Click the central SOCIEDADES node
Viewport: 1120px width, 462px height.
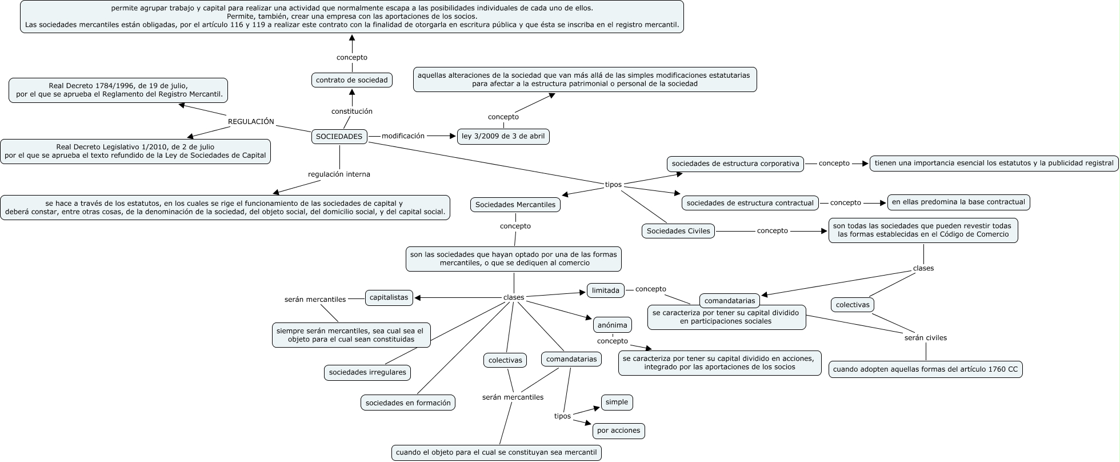click(339, 137)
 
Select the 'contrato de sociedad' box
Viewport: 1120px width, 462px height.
click(351, 81)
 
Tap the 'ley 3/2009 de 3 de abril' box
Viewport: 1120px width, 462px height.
click(503, 137)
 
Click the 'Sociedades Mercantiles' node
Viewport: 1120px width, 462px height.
click(515, 205)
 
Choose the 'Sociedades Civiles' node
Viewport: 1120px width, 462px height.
click(678, 231)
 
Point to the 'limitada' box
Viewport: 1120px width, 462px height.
click(606, 290)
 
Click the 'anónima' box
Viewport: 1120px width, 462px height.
click(612, 325)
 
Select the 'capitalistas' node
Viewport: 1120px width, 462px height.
click(389, 297)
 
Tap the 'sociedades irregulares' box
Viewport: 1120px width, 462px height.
click(367, 372)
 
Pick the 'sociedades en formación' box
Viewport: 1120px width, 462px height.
click(408, 403)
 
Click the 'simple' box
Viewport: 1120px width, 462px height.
click(617, 402)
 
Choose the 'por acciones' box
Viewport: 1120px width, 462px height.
click(618, 431)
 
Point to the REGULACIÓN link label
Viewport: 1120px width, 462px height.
click(251, 122)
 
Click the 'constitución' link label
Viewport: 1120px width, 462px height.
click(352, 111)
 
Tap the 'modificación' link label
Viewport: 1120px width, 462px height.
click(403, 136)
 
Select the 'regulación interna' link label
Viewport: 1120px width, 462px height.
click(339, 174)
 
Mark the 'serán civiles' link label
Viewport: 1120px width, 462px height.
click(926, 338)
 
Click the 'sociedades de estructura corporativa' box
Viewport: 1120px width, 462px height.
click(735, 164)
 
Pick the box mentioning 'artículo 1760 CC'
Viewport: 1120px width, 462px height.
click(925, 369)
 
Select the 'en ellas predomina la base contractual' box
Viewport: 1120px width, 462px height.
click(959, 202)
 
